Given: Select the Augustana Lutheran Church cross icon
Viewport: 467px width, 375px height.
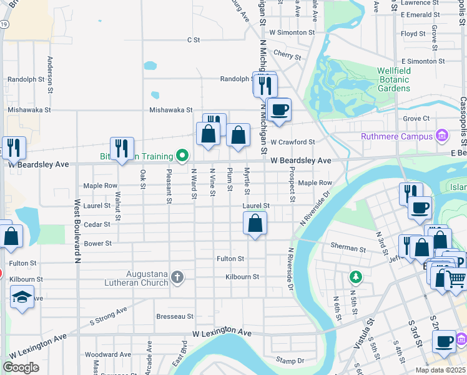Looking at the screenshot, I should (x=177, y=277).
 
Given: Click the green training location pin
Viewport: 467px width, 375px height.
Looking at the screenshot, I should (x=182, y=156).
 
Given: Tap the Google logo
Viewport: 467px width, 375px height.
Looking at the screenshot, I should (x=21, y=367).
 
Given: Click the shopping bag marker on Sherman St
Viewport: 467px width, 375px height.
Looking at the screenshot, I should (x=255, y=223).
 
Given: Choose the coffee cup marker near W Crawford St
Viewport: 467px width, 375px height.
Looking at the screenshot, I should (x=278, y=109).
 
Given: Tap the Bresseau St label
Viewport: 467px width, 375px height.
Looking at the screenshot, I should (x=175, y=317).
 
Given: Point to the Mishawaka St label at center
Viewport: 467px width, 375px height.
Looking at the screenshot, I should (x=170, y=110).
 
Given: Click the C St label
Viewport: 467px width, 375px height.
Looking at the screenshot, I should (x=193, y=40).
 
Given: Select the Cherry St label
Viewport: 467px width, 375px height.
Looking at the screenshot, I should (x=287, y=56).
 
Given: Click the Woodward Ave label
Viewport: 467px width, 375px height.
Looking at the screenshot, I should (x=108, y=354).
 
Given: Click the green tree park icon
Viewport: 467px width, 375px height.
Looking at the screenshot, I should (x=356, y=276).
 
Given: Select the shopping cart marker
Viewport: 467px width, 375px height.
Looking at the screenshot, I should (x=456, y=279).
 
